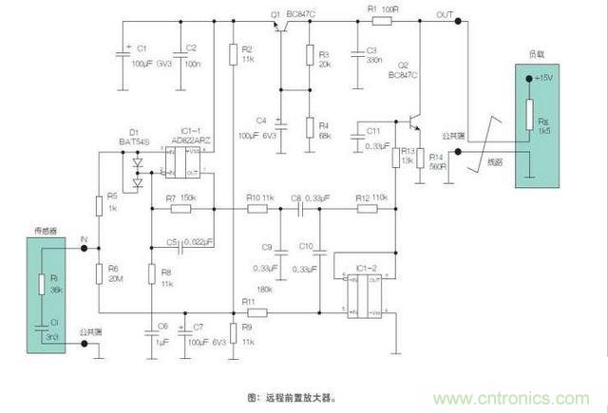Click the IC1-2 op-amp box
click(363, 293)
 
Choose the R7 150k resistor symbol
click(176, 208)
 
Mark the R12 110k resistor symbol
click(366, 208)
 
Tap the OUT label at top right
click(445, 14)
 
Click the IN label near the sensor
click(84, 240)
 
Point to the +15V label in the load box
click(544, 78)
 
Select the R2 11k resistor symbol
click(232, 58)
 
